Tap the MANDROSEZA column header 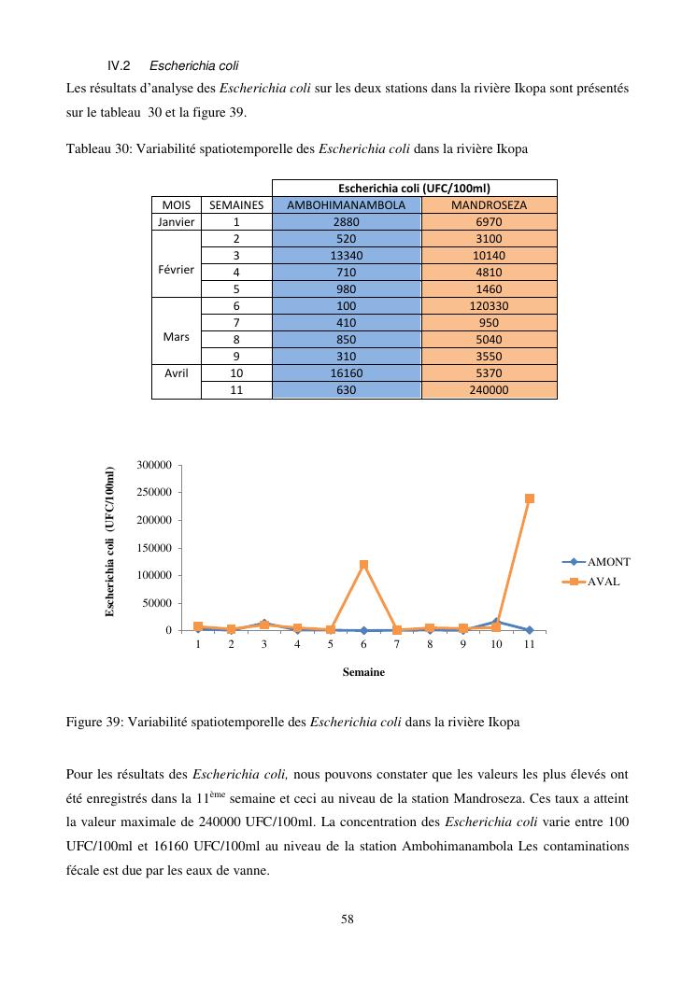tap(489, 204)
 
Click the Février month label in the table tap(176, 272)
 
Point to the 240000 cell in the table tap(489, 390)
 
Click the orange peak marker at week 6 tap(363, 565)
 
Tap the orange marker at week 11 tap(530, 499)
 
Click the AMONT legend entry tap(608, 562)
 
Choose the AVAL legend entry tap(604, 581)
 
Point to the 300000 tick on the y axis tap(153, 465)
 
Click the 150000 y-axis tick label tap(153, 548)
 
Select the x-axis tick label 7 tap(396, 645)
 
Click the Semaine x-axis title tap(363, 671)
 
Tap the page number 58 tap(348, 920)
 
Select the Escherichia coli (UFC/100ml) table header tap(414, 188)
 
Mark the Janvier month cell tap(176, 221)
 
